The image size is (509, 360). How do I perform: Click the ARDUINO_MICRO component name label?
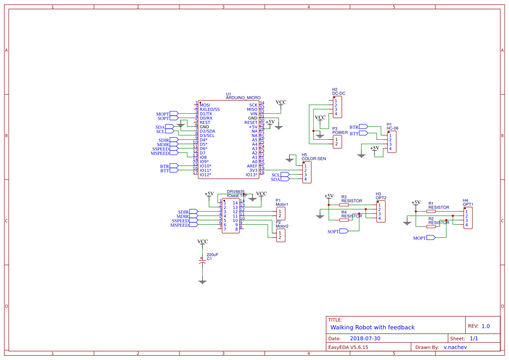[243, 98]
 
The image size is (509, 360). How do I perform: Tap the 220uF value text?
[212, 254]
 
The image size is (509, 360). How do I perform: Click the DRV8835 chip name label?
[236, 192]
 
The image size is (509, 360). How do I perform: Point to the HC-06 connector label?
[392, 128]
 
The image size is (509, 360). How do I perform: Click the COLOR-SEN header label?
[313, 158]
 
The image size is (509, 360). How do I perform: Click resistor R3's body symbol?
[344, 205]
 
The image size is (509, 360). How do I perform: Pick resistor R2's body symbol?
[431, 226]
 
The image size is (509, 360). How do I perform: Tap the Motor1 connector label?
[282, 204]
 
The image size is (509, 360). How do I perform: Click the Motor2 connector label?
[282, 226]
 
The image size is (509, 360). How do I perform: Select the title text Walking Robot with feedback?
[372, 327]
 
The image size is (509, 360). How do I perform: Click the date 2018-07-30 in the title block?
[365, 338]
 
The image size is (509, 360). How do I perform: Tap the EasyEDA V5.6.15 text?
[348, 347]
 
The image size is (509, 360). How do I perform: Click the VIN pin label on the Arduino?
[253, 114]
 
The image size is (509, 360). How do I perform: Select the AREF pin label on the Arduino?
[252, 166]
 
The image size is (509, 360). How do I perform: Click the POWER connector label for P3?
[340, 132]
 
